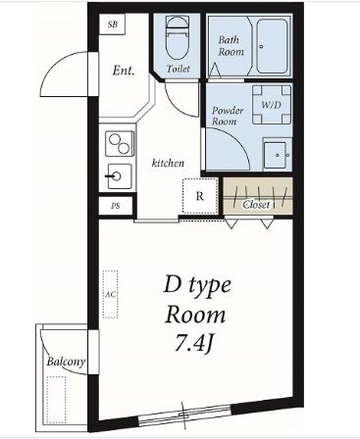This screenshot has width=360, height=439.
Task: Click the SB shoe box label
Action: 113,24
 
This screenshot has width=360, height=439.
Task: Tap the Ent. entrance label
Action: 124,71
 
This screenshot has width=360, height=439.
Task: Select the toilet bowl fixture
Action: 178,38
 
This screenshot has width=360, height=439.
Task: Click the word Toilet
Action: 179,69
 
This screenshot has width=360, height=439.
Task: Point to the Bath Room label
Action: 231,46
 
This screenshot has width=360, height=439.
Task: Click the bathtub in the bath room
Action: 272,46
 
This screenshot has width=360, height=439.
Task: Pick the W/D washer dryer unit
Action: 272,105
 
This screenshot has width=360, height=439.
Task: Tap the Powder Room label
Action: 228,116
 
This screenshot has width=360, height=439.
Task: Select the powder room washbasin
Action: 278,155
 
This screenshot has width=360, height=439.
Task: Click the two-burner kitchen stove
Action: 120,144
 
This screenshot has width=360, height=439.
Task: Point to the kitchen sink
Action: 120,176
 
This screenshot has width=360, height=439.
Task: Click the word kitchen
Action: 168,163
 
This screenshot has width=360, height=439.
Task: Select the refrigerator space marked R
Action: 200,196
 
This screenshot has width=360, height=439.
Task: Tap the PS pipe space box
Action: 116,206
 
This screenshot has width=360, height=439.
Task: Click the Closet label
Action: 256,205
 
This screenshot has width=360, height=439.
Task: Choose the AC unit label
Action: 111,295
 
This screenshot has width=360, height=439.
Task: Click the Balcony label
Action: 66,362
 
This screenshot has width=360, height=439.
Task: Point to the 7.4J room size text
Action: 194,343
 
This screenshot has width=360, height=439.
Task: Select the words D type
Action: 197,286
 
